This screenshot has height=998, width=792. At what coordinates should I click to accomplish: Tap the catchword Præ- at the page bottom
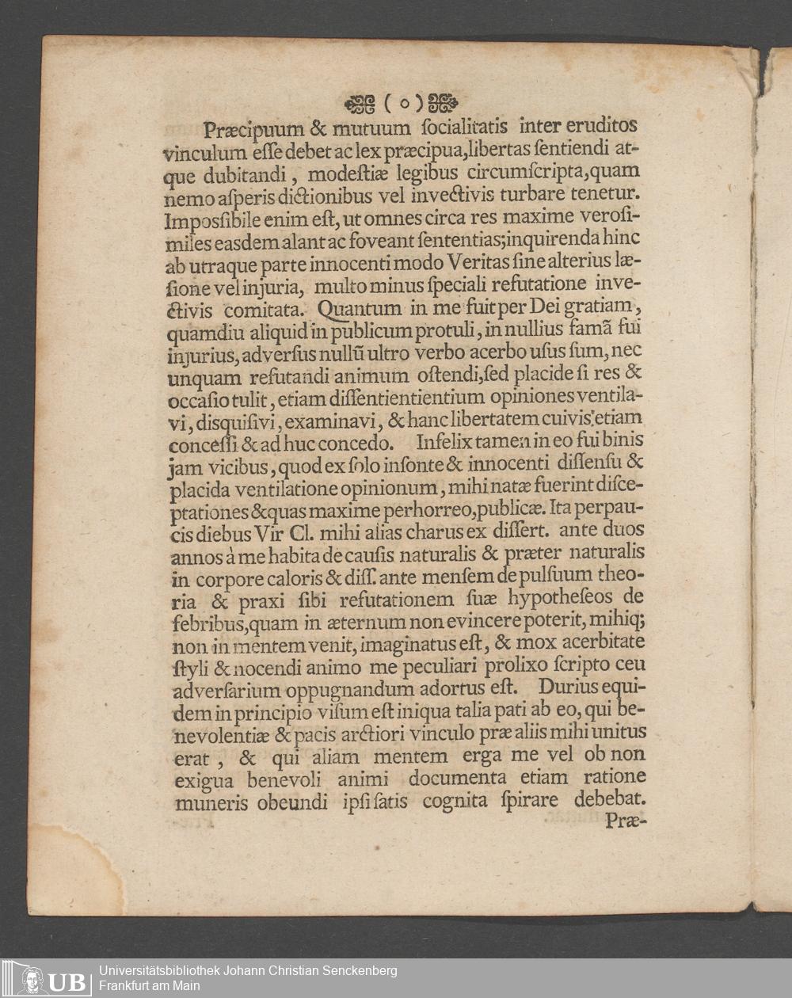tap(626, 821)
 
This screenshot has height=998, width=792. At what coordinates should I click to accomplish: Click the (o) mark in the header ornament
tap(402, 103)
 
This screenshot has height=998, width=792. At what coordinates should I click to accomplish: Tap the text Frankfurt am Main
tap(149, 986)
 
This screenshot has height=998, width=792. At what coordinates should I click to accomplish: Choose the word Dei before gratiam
tap(565, 305)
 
